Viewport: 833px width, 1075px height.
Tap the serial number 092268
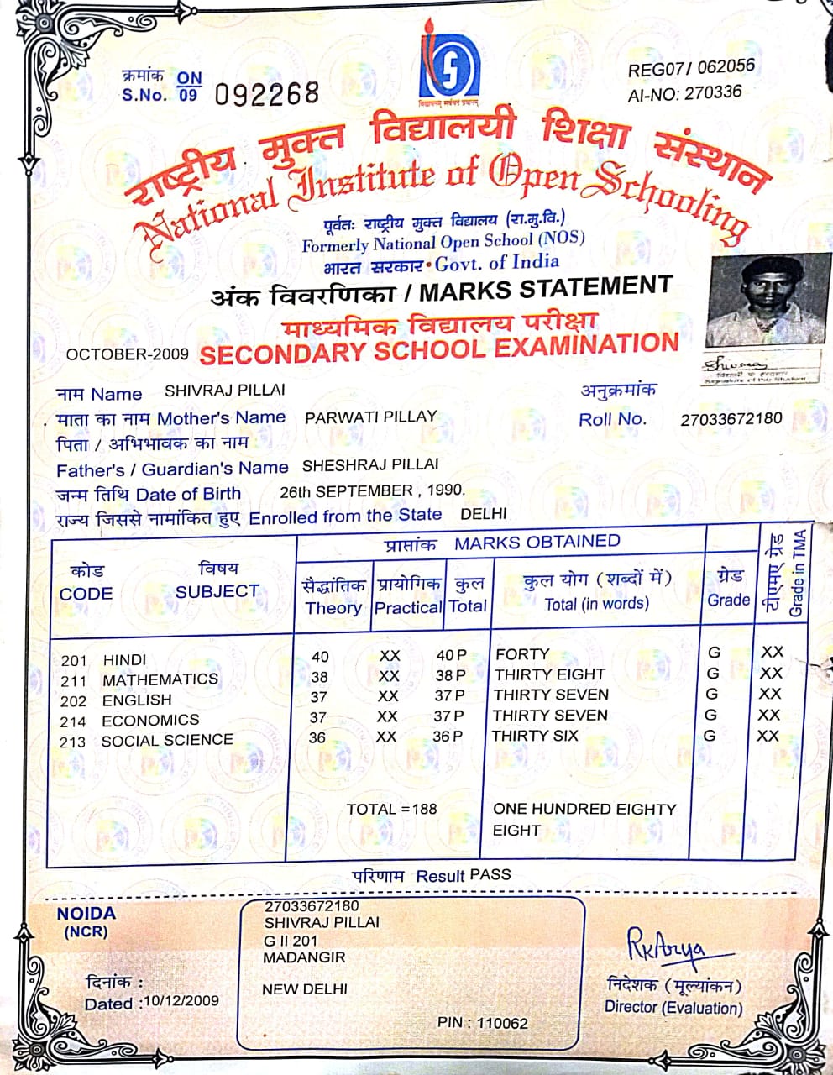click(267, 93)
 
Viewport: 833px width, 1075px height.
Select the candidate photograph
click(763, 301)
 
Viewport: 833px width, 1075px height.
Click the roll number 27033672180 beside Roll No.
click(731, 418)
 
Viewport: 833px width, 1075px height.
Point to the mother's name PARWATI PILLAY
click(370, 417)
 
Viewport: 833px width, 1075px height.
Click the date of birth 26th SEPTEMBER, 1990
click(371, 491)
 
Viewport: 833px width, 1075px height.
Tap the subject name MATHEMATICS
click(160, 679)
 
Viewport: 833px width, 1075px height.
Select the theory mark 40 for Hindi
click(320, 657)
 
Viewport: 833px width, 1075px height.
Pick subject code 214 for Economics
click(73, 721)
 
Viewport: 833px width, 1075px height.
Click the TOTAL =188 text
click(391, 810)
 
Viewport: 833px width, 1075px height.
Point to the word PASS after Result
click(490, 874)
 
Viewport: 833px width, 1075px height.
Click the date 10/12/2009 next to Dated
click(181, 1001)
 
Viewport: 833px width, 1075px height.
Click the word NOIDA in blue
click(86, 914)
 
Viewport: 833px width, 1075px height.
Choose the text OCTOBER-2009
click(127, 354)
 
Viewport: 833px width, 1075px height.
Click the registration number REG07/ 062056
click(691, 68)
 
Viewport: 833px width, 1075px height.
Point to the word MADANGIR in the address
click(304, 957)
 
